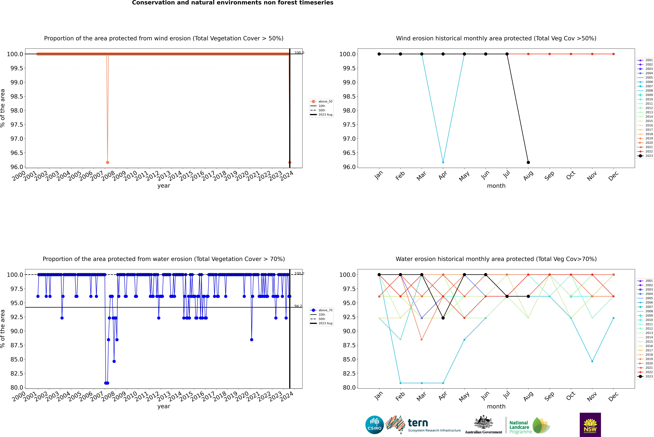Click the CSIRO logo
click(374, 425)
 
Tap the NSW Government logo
click(590, 425)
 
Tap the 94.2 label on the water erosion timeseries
click(298, 306)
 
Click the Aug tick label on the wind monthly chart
click(528, 176)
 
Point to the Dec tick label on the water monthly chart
click(613, 396)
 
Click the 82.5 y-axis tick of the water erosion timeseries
click(17, 373)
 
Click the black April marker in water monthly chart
click(443, 318)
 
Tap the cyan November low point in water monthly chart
click(592, 361)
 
